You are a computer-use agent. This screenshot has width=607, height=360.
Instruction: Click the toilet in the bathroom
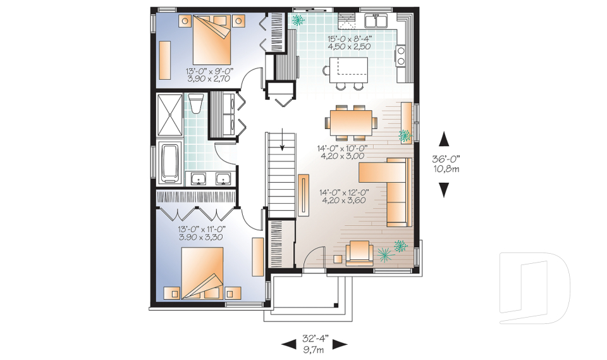click(195, 103)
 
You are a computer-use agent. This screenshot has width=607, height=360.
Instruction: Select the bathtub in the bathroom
click(171, 163)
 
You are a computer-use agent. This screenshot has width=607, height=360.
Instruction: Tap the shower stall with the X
click(169, 115)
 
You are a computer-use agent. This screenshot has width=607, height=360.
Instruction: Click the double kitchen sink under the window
click(375, 20)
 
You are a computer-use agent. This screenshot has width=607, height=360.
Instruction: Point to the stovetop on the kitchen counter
click(400, 56)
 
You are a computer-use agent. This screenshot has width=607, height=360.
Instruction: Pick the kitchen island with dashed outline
click(348, 70)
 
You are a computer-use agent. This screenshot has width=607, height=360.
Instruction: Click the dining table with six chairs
click(351, 123)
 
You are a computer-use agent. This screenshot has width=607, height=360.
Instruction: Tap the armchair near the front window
click(359, 252)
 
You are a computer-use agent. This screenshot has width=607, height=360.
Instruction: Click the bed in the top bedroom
click(212, 39)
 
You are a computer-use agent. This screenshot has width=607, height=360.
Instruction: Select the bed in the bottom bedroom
click(202, 273)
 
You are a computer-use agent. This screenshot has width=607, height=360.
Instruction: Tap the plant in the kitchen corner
click(297, 20)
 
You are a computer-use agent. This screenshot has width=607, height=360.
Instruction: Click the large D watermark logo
click(535, 288)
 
